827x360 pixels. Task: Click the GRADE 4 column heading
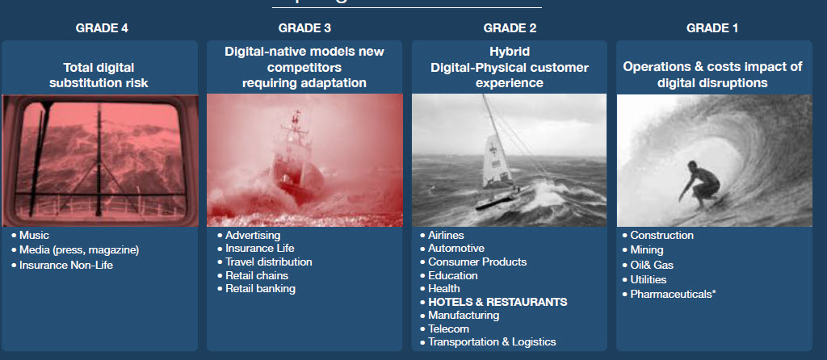click(x=102, y=28)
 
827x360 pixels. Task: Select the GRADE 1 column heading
click(x=712, y=28)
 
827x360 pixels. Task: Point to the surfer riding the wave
click(x=700, y=185)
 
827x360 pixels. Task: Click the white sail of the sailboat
click(x=497, y=162)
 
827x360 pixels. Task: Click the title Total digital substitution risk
click(x=99, y=75)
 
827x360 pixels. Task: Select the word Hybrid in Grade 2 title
click(x=510, y=52)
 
